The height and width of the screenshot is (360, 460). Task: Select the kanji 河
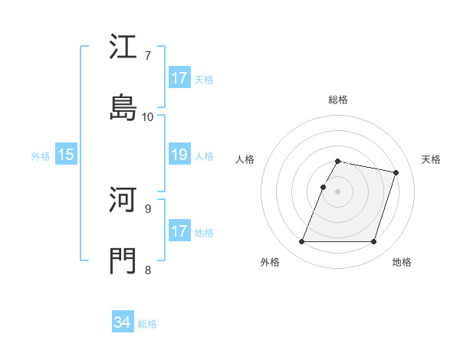(123, 201)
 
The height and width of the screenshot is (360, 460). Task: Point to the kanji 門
(123, 261)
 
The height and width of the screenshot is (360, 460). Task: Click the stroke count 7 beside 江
(148, 55)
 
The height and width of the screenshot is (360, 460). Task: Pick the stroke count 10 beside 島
(148, 116)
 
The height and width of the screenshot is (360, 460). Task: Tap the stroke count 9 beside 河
(148, 208)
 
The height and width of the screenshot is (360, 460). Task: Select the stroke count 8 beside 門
(148, 270)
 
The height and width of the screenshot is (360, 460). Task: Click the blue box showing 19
(179, 155)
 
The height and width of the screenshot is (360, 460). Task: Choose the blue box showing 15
(66, 155)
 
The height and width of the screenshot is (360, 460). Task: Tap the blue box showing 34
(123, 322)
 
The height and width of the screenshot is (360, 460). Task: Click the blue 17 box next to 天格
(179, 78)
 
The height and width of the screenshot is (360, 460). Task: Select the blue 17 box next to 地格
(179, 231)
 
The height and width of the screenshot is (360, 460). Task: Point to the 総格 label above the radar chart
(338, 100)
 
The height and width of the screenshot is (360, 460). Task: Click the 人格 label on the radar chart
(245, 159)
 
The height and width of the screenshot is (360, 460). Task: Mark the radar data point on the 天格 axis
(396, 172)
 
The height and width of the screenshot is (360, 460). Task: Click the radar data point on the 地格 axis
(373, 242)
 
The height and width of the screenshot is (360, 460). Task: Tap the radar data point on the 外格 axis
(302, 242)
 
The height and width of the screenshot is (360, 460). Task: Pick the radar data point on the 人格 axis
(323, 187)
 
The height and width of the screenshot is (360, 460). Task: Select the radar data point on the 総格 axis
(338, 161)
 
